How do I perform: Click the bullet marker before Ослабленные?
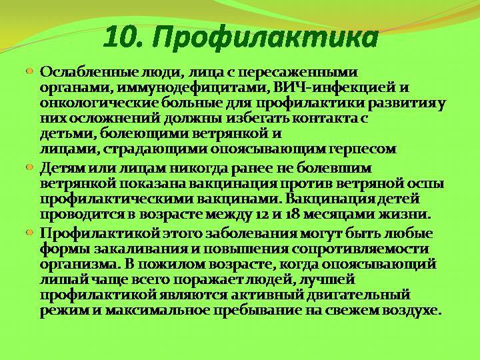coord(30,71)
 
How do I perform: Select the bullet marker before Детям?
coord(30,167)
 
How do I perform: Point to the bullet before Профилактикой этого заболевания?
coord(30,233)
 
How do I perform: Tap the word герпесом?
coord(363,150)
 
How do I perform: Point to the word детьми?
coord(68,135)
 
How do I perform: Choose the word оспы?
coord(425,184)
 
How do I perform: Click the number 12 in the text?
coord(259,215)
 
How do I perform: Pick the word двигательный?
coord(359,295)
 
